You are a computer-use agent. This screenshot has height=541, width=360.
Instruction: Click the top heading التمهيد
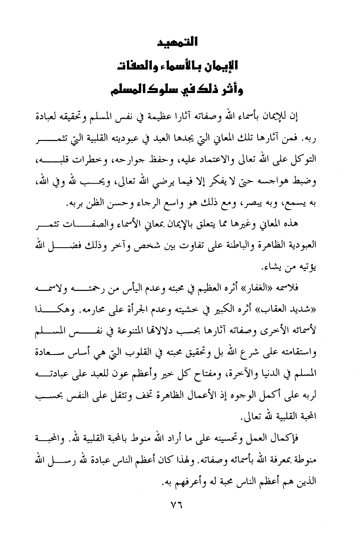pos(179,42)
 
